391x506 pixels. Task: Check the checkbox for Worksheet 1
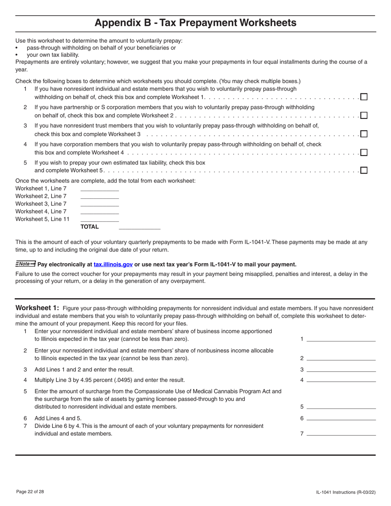364,97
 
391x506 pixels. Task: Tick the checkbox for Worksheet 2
364,115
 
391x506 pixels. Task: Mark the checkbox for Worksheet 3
364,134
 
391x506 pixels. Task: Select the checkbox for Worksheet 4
364,152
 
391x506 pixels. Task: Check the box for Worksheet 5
364,170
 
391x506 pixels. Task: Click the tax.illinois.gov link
113,265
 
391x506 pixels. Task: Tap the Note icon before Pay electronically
26,264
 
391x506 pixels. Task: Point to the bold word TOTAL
90,227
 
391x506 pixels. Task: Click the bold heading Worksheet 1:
37,308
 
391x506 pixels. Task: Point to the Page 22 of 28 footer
30,492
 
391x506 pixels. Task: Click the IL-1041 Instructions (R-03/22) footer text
346,492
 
